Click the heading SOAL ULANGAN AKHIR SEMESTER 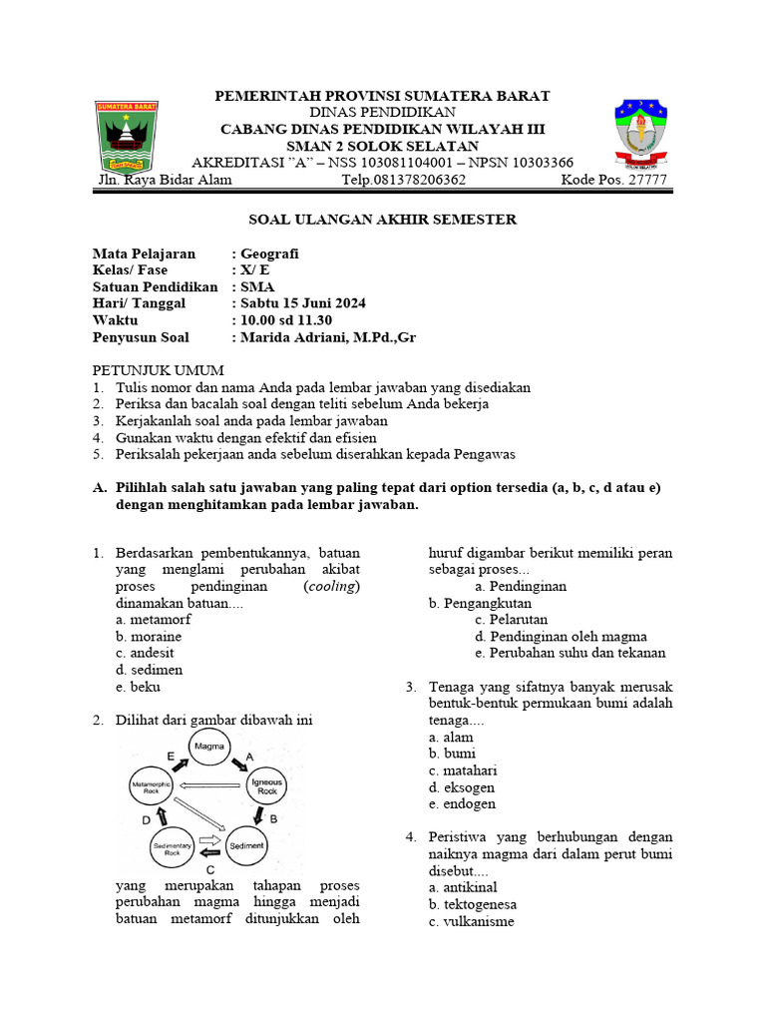coord(382,220)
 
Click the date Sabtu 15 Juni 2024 coord(303,303)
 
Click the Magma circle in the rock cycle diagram coord(209,746)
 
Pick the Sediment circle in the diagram coord(246,846)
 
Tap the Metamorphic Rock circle coord(153,787)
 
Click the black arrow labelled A coord(242,762)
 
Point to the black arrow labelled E coord(180,761)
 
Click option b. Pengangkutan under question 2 coord(480,603)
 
